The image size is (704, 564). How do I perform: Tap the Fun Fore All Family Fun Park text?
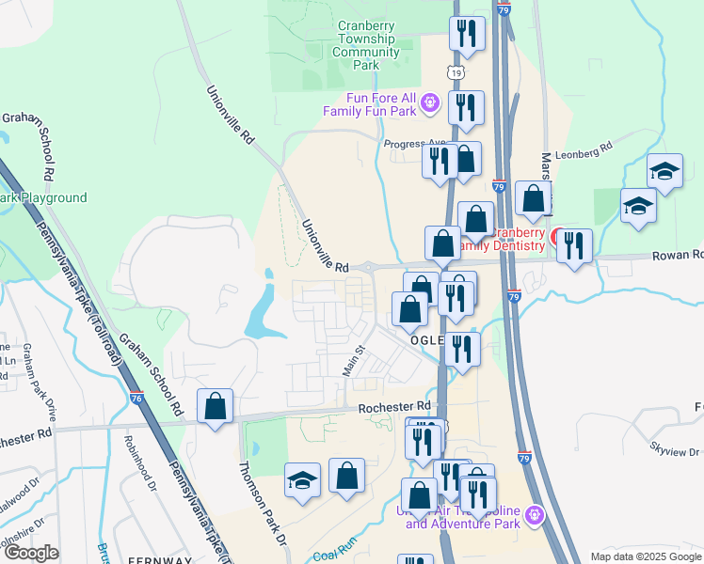pyautogui.click(x=369, y=104)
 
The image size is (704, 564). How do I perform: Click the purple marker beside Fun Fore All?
pyautogui.click(x=430, y=102)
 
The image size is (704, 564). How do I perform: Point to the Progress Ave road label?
pyautogui.click(x=412, y=144)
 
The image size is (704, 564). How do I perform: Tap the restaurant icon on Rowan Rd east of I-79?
pyautogui.click(x=574, y=245)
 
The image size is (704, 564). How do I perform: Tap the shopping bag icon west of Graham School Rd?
pyautogui.click(x=216, y=406)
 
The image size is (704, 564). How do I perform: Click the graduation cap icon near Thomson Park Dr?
pyautogui.click(x=302, y=481)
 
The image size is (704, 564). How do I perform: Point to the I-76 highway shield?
pyautogui.click(x=136, y=400)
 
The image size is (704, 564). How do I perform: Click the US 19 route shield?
pyautogui.click(x=456, y=72)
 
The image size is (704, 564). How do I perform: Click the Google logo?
pyautogui.click(x=30, y=553)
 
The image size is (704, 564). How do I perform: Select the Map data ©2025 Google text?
pyautogui.click(x=645, y=556)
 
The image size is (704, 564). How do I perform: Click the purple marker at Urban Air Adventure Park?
pyautogui.click(x=536, y=514)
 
